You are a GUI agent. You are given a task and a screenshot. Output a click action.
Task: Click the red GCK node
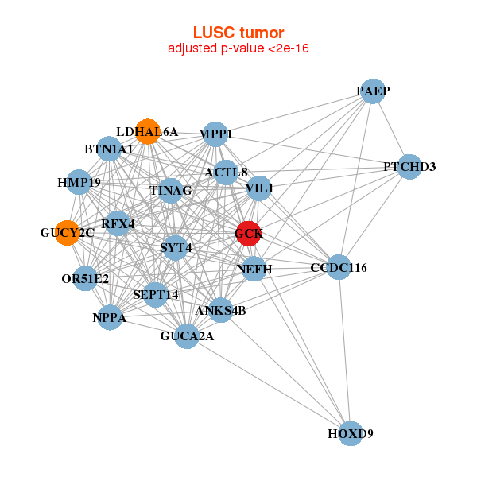pyautogui.click(x=248, y=234)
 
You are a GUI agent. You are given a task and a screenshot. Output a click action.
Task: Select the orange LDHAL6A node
pyautogui.click(x=147, y=131)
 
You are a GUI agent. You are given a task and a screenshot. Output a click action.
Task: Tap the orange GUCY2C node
pyautogui.click(x=68, y=233)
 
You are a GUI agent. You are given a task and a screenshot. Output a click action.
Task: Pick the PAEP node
pyautogui.click(x=373, y=92)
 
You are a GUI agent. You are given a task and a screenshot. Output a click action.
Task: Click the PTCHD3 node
pyautogui.click(x=409, y=167)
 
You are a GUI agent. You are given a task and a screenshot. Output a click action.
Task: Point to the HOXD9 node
pyautogui.click(x=351, y=434)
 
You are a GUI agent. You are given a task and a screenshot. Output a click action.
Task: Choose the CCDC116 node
pyautogui.click(x=339, y=267)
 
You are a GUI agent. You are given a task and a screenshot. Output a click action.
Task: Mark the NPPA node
pyautogui.click(x=109, y=317)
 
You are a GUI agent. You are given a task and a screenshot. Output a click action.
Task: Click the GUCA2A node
pyautogui.click(x=187, y=336)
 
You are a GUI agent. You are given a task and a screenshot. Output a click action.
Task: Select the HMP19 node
pyautogui.click(x=78, y=182)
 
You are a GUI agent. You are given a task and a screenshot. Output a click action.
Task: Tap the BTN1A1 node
pyautogui.click(x=109, y=149)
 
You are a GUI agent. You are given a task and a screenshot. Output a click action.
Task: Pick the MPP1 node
pyautogui.click(x=215, y=134)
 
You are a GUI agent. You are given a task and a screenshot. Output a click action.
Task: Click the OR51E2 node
pyautogui.click(x=85, y=278)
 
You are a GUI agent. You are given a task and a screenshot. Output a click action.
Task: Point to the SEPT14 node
pyautogui.click(x=156, y=295)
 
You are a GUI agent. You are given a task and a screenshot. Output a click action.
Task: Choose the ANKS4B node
pyautogui.click(x=220, y=310)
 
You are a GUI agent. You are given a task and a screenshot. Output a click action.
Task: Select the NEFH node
pyautogui.click(x=254, y=270)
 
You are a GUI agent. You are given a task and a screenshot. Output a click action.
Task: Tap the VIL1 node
pyautogui.click(x=259, y=188)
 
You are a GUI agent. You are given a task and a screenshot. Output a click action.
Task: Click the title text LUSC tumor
pyautogui.click(x=238, y=33)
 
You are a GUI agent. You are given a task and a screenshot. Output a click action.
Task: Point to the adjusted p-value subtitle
pyautogui.click(x=238, y=48)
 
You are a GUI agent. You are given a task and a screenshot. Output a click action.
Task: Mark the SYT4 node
pyautogui.click(x=176, y=248)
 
